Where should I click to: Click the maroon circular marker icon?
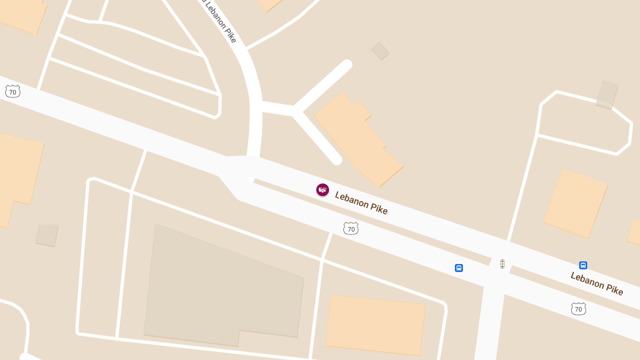point(323,190)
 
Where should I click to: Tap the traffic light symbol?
point(502,264)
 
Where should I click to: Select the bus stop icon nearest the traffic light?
point(459,268)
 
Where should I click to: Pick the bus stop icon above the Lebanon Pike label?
point(583,265)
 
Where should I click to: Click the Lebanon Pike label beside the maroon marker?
point(361,203)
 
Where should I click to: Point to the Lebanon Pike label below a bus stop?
point(597,283)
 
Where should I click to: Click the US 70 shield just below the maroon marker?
point(350,229)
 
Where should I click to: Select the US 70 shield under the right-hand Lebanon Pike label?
point(578,309)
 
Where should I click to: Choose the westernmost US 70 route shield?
point(13,92)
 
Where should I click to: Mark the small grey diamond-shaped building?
point(380,51)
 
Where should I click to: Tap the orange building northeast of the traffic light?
point(575,203)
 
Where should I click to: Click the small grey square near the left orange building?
point(47,235)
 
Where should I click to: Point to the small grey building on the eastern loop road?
point(607,95)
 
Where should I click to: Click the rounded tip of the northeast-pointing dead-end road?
point(347,65)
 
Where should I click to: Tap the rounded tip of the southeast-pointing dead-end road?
point(336,159)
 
